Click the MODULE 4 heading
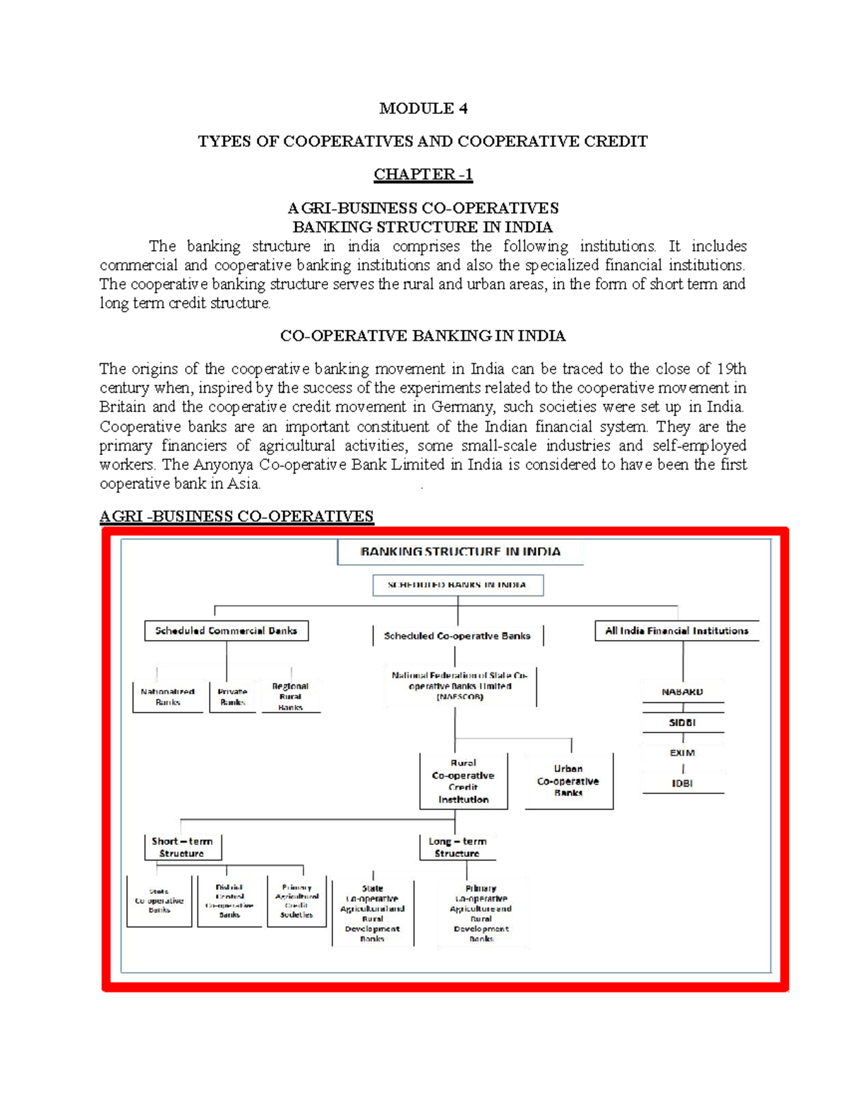click(x=423, y=108)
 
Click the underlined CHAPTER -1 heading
click(x=423, y=174)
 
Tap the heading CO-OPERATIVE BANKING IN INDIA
click(x=423, y=336)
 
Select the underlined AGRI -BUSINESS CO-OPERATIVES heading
click(x=236, y=516)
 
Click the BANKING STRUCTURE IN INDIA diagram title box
click(x=460, y=552)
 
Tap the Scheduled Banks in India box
click(x=457, y=585)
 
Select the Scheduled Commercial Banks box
click(x=226, y=631)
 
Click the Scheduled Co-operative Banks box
click(x=457, y=636)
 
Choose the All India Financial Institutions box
click(x=676, y=631)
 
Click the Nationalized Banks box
click(x=167, y=696)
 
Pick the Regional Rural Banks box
click(x=290, y=696)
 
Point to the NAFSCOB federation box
click(x=460, y=686)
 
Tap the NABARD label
click(x=682, y=692)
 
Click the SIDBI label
click(x=682, y=723)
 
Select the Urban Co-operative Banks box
click(x=568, y=781)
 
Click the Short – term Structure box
click(x=182, y=847)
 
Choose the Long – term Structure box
click(x=457, y=847)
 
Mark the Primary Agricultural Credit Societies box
click(x=296, y=901)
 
